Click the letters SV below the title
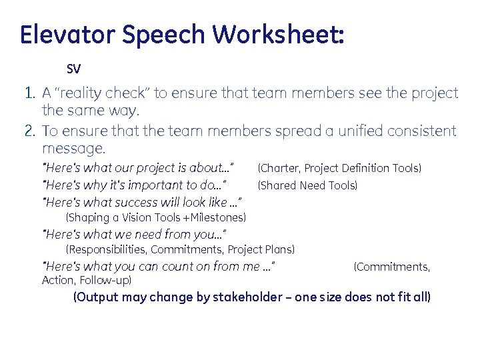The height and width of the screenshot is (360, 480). [x=73, y=69]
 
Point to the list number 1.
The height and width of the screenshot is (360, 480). [x=29, y=93]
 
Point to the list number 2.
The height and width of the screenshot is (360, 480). [x=29, y=131]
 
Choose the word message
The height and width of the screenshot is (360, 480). [x=73, y=147]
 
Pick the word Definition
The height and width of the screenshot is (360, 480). [x=358, y=169]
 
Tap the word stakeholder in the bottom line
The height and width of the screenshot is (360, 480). [x=247, y=297]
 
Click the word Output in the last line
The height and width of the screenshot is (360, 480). [x=96, y=297]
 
